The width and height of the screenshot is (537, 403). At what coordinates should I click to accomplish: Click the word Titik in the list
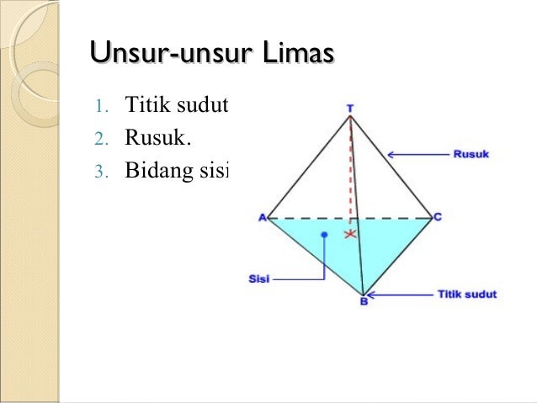pos(145,106)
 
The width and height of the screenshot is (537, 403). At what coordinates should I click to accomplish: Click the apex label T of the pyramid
pos(350,108)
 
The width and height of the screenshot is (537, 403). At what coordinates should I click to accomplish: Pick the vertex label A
pos(262,218)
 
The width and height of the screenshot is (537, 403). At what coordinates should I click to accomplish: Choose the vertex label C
pos(438,217)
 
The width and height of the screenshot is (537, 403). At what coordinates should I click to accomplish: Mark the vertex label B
pos(364,302)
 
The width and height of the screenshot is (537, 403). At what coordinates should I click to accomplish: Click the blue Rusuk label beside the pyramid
pos(471,154)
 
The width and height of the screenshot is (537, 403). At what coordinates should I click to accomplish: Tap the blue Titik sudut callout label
pos(467,294)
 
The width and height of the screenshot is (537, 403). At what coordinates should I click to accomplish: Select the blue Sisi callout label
pos(259,278)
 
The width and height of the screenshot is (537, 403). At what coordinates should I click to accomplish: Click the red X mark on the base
pos(350,236)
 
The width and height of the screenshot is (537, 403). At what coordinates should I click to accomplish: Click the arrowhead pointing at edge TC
pos(393,154)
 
